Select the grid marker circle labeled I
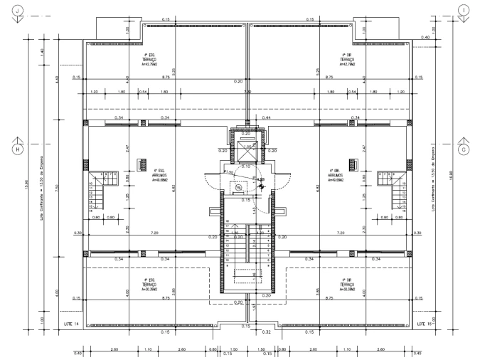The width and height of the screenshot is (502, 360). pyautogui.click(x=464, y=10)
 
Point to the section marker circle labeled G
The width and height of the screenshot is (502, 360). pyautogui.click(x=464, y=149)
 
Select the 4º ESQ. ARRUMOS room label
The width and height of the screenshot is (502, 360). pyautogui.click(x=160, y=175)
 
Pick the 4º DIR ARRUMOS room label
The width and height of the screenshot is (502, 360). pyautogui.click(x=336, y=175)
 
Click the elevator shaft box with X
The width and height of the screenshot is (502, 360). pyautogui.click(x=247, y=151)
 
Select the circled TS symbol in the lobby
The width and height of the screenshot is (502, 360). pyautogui.click(x=238, y=188)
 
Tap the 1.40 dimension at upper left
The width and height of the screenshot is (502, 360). pyautogui.click(x=42, y=52)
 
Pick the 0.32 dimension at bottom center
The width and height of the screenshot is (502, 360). pyautogui.click(x=267, y=332)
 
